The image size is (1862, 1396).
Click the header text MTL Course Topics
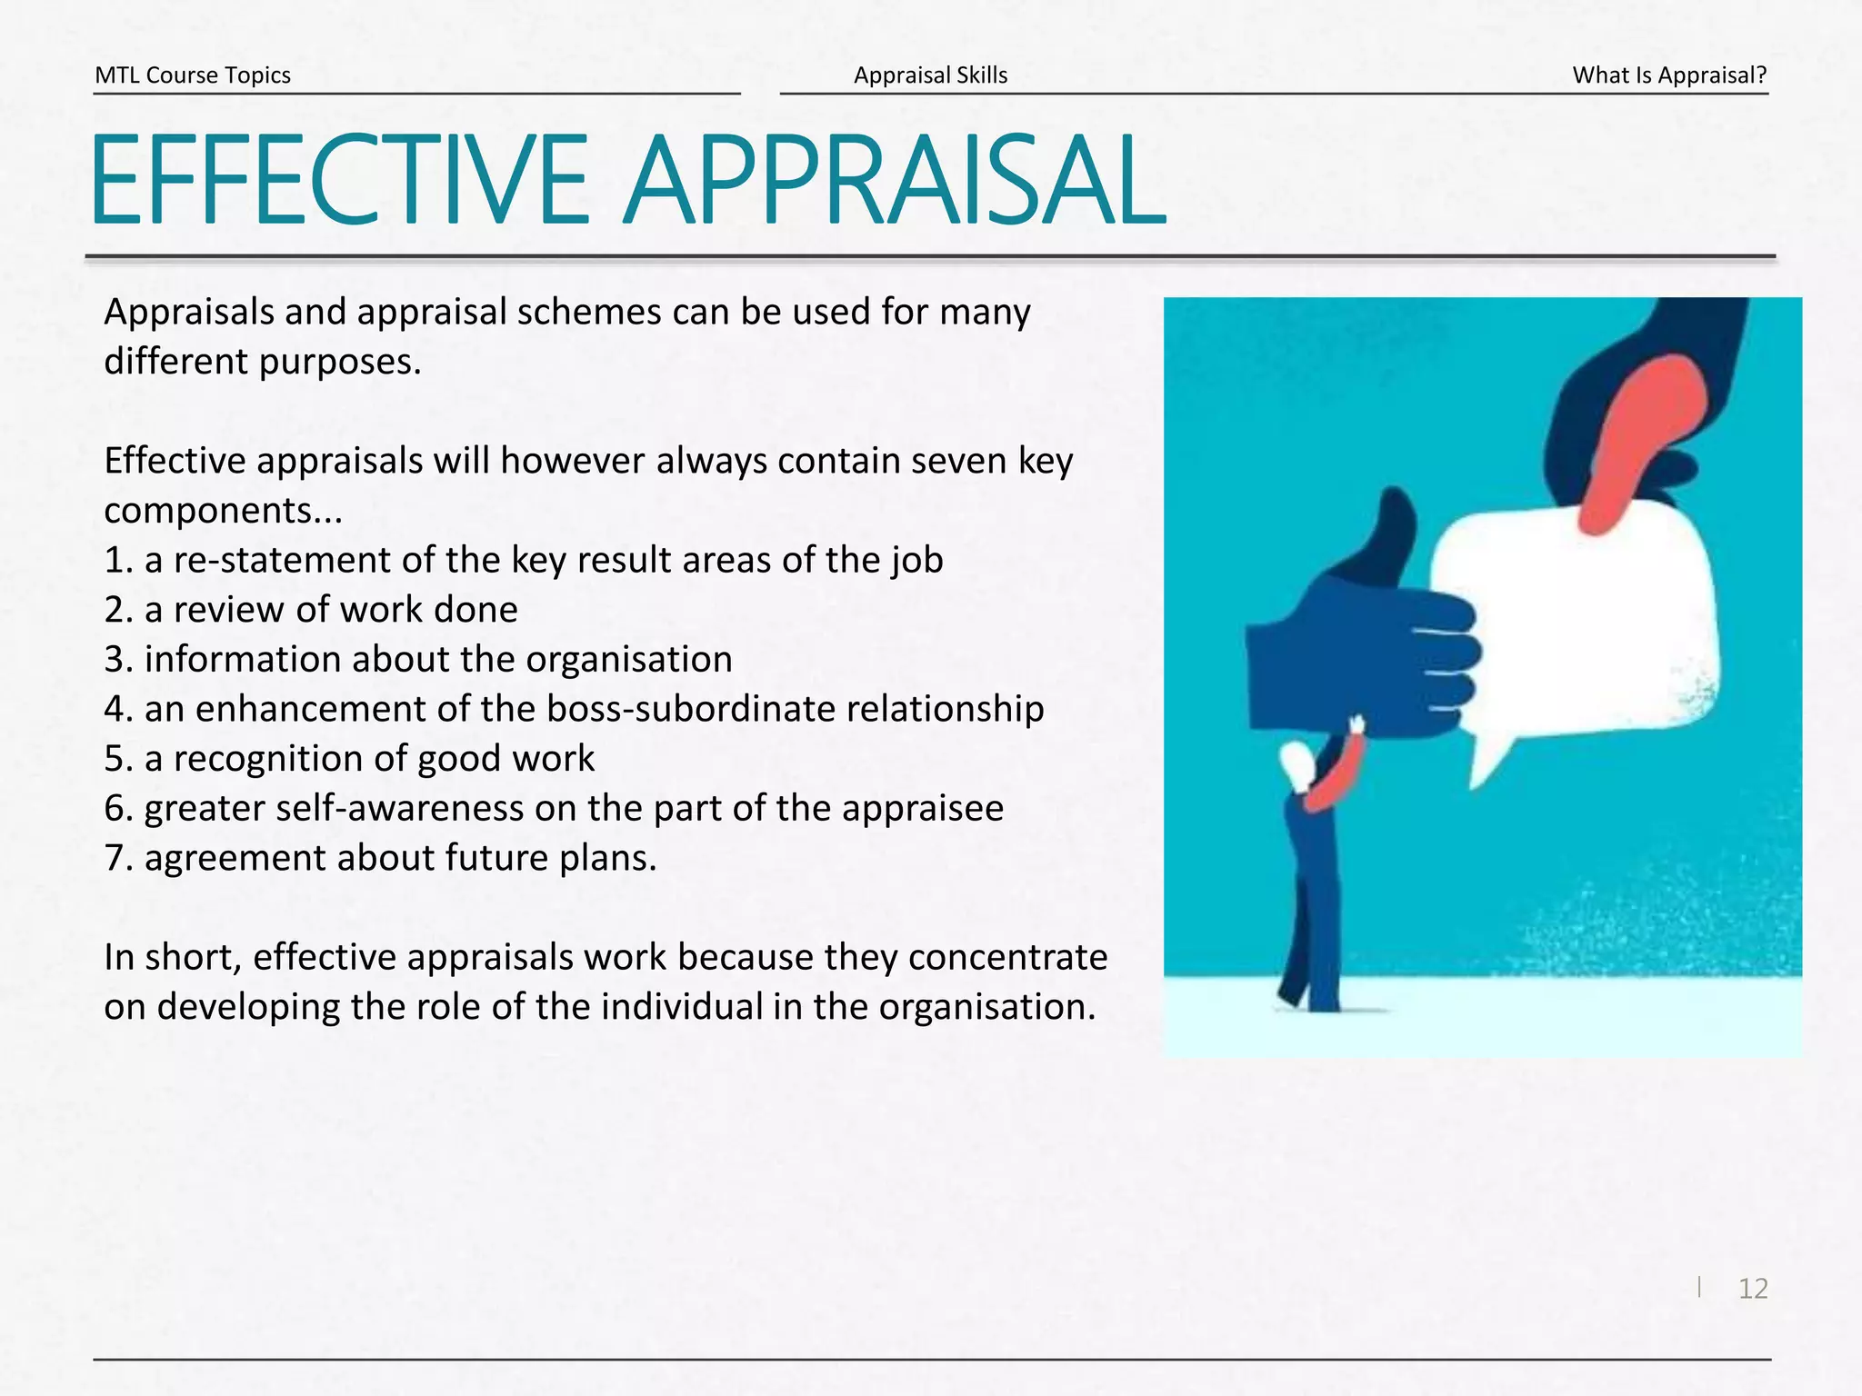point(193,75)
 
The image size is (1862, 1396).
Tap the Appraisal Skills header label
point(930,75)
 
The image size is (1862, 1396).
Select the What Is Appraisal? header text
point(1669,75)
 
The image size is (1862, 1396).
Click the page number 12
point(1753,1289)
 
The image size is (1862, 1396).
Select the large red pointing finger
point(1637,436)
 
